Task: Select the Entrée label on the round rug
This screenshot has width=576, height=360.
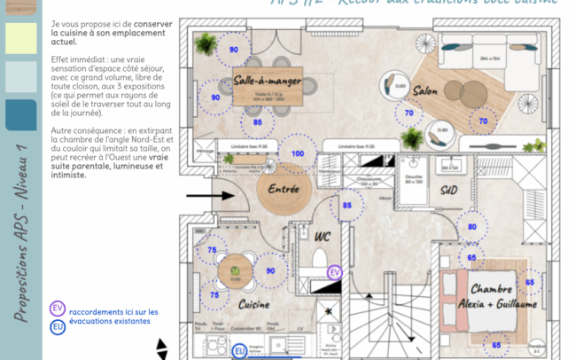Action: [x=284, y=189]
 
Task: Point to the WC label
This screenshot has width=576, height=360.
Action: [x=323, y=236]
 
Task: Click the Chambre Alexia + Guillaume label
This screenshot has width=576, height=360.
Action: [x=503, y=296]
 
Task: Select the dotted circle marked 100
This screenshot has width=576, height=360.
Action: [x=298, y=153]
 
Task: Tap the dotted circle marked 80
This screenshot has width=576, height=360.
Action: [x=472, y=227]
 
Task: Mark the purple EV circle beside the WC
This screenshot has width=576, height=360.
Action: [x=335, y=272]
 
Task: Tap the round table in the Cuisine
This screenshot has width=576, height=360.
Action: [x=236, y=268]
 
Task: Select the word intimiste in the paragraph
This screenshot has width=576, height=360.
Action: [x=69, y=175]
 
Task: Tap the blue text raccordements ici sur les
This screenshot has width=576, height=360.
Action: [x=113, y=311]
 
